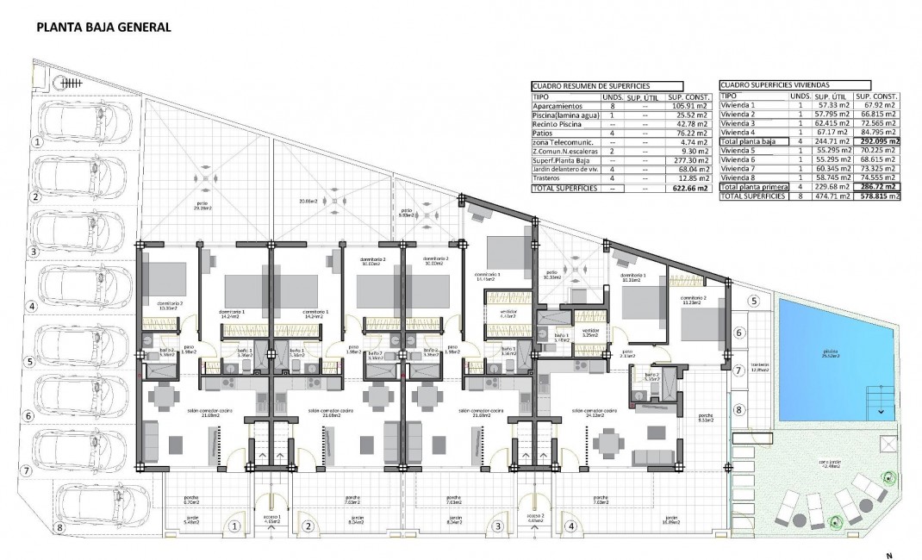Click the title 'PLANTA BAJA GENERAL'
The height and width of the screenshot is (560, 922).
point(103,27)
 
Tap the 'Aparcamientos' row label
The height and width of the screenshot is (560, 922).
point(558,105)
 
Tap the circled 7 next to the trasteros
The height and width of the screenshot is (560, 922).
point(738,370)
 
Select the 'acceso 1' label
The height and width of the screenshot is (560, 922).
point(273,518)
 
